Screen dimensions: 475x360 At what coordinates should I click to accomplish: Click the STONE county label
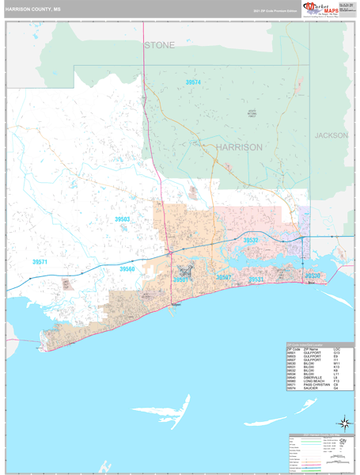coord(159,45)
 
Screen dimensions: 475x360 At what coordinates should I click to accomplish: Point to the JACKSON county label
coord(331,135)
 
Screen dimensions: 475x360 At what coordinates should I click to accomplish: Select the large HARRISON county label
coord(238,147)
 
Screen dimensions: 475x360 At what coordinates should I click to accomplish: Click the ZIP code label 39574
coord(193,82)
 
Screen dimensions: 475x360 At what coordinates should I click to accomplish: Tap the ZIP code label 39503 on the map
coord(123,218)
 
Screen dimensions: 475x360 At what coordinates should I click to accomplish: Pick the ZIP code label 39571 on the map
coord(40,261)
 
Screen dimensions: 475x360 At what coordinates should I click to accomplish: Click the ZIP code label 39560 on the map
coord(127,269)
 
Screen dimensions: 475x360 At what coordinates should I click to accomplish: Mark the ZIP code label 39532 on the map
coord(250,239)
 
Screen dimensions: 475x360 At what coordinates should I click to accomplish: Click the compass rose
coord(343,423)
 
